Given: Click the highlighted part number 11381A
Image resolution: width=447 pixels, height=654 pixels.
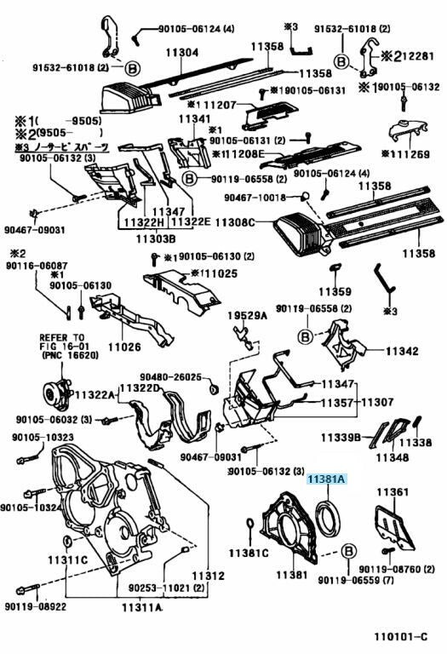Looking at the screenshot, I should click(326, 479).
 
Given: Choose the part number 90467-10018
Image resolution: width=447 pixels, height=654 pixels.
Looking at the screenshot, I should click(255, 197).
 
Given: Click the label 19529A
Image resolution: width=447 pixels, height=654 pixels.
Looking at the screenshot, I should click(241, 316).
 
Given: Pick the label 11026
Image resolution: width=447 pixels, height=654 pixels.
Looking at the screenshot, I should click(123, 347).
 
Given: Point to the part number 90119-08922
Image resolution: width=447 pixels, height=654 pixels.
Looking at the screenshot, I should click(35, 607).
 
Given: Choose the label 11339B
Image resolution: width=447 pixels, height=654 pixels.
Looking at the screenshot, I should click(341, 437).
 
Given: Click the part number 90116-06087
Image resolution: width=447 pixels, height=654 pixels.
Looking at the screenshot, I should click(37, 266).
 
